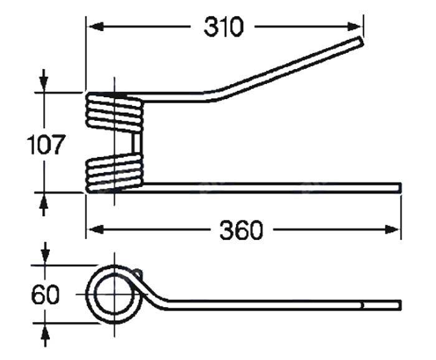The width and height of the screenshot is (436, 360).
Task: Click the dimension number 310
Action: click(224, 27)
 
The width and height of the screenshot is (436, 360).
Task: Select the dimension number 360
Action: click(241, 230)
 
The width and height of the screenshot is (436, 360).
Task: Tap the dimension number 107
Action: click(45, 144)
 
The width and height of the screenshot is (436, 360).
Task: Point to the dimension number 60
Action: click(45, 295)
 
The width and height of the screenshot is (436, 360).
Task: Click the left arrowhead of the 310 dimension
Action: click(95, 27)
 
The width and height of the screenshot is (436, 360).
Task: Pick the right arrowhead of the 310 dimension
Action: click(354, 27)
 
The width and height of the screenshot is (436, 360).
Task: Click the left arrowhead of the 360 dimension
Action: click(95, 230)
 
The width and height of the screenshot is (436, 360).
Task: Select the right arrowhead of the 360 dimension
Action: click(392, 230)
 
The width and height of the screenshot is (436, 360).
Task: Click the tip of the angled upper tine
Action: click(361, 41)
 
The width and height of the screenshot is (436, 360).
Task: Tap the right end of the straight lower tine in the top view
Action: click(400, 187)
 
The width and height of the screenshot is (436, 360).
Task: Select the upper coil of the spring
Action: click(115, 112)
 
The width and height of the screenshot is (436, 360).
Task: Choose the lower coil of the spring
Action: click(115, 173)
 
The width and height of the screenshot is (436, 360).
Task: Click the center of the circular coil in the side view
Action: click(114, 294)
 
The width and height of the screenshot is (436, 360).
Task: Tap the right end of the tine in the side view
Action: click(400, 305)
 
